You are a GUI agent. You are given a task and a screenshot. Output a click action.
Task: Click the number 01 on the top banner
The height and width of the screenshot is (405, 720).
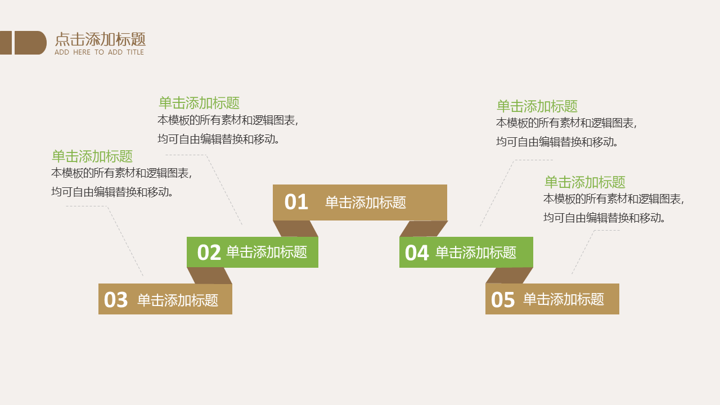tap(296, 202)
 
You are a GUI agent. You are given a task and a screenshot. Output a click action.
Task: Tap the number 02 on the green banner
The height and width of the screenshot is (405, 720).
tap(209, 253)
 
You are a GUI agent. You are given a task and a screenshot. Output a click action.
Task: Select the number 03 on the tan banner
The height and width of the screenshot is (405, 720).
tap(116, 300)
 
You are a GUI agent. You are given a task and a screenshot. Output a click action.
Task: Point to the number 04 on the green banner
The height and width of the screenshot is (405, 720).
tap(417, 253)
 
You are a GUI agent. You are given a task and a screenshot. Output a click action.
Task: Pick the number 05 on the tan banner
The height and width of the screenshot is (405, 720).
tap(503, 300)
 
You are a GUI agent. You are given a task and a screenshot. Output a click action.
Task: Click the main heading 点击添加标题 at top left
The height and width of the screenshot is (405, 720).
tap(100, 39)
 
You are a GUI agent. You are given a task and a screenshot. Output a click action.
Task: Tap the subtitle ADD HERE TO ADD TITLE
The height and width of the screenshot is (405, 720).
tap(100, 52)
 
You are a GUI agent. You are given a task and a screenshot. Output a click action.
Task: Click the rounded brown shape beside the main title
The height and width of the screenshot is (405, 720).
tap(30, 43)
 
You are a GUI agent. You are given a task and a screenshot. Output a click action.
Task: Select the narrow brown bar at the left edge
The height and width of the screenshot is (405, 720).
tap(6, 43)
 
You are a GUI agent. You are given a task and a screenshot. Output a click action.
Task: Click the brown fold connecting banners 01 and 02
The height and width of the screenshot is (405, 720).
tap(296, 228)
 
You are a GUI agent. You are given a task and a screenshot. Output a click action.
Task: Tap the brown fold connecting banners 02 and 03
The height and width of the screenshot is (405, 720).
tap(210, 276)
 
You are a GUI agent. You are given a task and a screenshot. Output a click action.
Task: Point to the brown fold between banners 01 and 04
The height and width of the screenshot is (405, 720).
tap(424, 228)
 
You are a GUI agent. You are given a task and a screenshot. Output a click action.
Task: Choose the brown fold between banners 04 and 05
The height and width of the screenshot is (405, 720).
tap(510, 276)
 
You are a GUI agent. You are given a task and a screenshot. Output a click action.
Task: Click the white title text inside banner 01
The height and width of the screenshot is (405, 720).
tap(366, 202)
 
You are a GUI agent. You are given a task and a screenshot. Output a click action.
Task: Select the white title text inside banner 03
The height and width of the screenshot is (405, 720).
tap(178, 300)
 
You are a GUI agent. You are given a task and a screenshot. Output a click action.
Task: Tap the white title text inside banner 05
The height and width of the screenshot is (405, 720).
tap(564, 299)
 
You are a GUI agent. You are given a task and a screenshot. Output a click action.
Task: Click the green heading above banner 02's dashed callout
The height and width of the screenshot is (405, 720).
tap(199, 103)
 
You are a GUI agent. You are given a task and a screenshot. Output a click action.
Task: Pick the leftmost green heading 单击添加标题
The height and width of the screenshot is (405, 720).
tap(92, 156)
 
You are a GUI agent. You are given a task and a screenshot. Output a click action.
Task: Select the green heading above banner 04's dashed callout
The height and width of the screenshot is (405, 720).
tap(537, 106)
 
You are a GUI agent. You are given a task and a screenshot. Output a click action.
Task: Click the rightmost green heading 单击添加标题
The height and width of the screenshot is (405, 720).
tap(585, 182)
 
